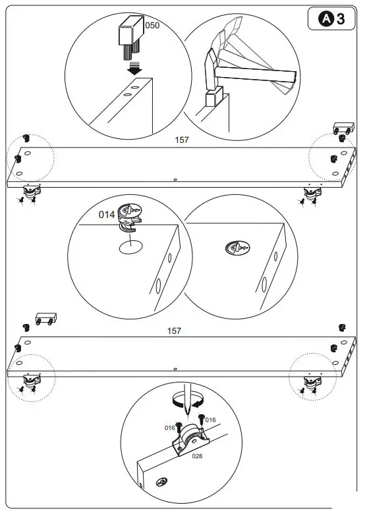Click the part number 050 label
click(x=152, y=25)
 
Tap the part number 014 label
click(x=107, y=215)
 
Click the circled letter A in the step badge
click(x=326, y=19)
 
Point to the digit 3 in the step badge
click(x=341, y=19)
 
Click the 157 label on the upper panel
click(x=181, y=140)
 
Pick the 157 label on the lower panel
click(x=175, y=331)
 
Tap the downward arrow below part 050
click(x=134, y=68)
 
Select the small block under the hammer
click(x=211, y=99)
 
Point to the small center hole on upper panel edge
click(x=175, y=178)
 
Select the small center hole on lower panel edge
click(x=175, y=369)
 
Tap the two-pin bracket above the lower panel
click(x=45, y=318)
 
